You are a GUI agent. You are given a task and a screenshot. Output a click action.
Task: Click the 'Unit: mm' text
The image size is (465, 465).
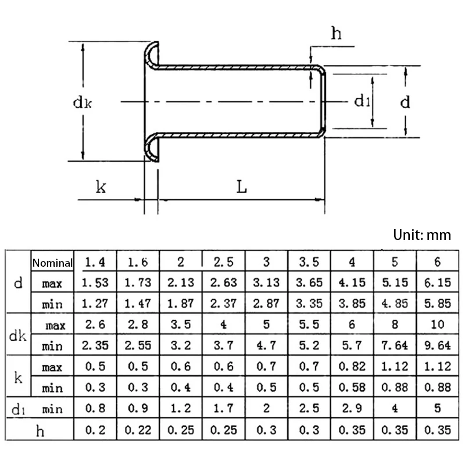(421, 235)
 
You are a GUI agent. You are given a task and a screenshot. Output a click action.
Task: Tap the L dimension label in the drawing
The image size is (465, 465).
(241, 187)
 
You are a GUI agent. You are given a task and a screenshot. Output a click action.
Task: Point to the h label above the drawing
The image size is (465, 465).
(336, 34)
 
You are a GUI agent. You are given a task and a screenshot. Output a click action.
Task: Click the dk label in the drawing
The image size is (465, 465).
(83, 102)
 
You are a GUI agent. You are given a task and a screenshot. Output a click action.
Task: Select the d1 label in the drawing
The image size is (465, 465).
(362, 102)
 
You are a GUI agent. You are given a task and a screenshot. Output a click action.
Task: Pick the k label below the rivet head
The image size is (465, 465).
(101, 187)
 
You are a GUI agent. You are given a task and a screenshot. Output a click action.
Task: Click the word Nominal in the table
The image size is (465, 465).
(53, 263)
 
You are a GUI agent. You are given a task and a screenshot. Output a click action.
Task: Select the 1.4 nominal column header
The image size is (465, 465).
(95, 262)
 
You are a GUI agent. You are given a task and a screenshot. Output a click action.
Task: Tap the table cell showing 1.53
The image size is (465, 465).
(95, 283)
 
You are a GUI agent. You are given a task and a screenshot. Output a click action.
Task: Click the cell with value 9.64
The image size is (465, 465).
(437, 345)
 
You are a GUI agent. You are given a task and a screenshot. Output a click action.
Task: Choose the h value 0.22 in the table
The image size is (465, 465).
(138, 430)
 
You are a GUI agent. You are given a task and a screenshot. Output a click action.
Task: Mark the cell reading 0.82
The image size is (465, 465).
(352, 366)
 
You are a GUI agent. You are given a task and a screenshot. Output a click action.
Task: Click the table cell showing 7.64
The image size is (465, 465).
(395, 345)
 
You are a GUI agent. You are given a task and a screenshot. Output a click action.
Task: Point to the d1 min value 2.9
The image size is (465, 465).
(352, 409)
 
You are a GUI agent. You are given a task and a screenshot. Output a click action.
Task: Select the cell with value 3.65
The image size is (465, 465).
(309, 283)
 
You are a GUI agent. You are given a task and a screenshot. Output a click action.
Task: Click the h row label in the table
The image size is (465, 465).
(40, 430)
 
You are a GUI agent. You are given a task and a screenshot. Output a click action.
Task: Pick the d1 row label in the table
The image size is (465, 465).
(18, 409)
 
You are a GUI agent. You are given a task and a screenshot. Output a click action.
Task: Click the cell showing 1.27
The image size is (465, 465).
(95, 303)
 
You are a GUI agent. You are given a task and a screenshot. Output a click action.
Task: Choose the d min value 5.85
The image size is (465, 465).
(437, 303)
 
